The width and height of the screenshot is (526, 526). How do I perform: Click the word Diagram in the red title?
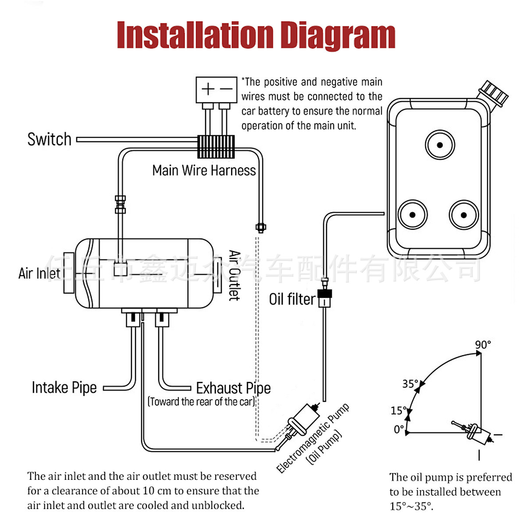pos(338,36)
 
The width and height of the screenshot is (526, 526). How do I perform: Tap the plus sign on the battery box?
pos(208,89)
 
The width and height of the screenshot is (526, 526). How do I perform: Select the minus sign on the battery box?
pos(226,89)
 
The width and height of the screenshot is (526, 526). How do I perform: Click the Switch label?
pos(49,139)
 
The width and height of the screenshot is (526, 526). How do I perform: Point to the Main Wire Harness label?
pos(204,170)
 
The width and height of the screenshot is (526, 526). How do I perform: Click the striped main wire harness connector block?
pos(216,146)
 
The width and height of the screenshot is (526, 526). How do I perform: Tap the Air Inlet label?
pos(39,273)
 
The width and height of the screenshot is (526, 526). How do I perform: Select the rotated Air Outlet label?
pos(235,275)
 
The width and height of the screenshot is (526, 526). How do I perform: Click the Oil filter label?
pos(292,299)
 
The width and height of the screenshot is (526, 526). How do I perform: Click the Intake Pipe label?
pos(64,387)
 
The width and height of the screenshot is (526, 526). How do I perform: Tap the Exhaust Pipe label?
pos(233,388)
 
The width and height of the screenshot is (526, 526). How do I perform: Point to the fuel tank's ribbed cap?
pos(494,93)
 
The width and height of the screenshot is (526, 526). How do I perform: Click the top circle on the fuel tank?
pos(440,145)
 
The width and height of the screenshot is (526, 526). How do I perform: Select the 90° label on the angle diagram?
pos(483,345)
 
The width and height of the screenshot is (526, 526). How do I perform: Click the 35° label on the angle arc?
pos(410,384)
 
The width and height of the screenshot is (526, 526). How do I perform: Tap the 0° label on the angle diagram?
pos(398,429)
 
